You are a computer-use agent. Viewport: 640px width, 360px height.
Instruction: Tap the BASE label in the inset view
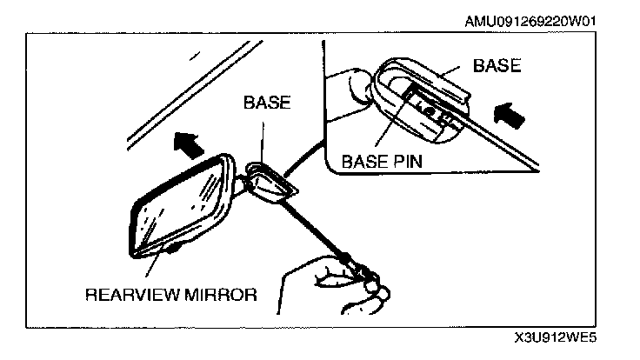[497, 66]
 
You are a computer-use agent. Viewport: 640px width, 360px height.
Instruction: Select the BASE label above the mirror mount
[266, 102]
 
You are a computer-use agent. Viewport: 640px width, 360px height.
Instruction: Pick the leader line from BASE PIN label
[390, 122]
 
